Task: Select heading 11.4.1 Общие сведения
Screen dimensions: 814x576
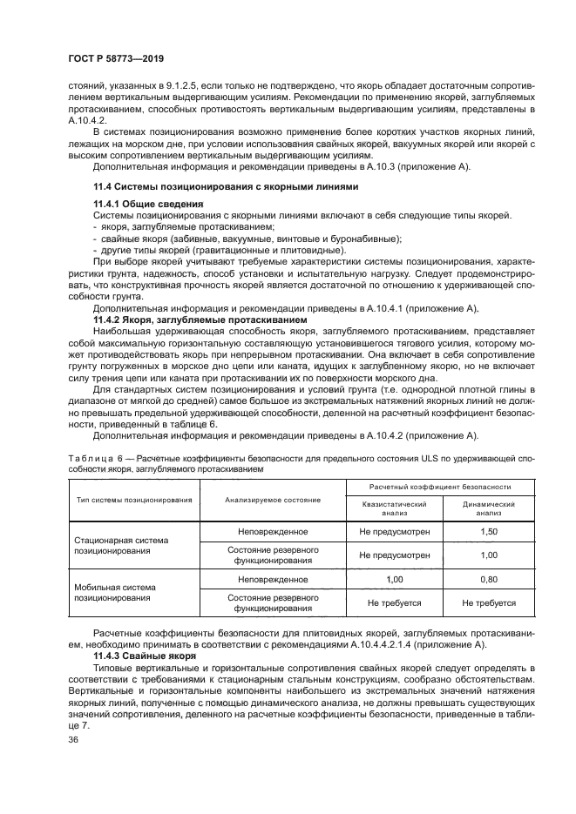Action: (140, 203)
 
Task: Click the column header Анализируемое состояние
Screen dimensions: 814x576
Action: (272, 500)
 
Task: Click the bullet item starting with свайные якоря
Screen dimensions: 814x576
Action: (249, 238)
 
